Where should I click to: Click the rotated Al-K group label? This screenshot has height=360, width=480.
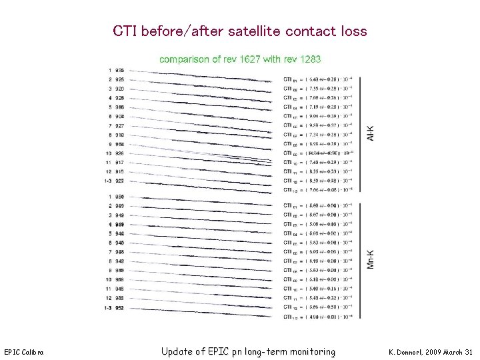pos(371,133)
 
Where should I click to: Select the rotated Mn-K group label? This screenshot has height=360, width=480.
pos(371,259)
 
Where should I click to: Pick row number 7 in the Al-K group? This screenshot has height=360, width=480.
pos(109,126)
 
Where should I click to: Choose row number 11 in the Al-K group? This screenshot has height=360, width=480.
pos(109,163)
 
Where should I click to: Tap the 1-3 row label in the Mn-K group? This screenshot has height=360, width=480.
pos(109,308)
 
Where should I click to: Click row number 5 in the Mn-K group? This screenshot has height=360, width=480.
pos(109,234)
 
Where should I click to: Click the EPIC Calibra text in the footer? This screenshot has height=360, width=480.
pos(23,352)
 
